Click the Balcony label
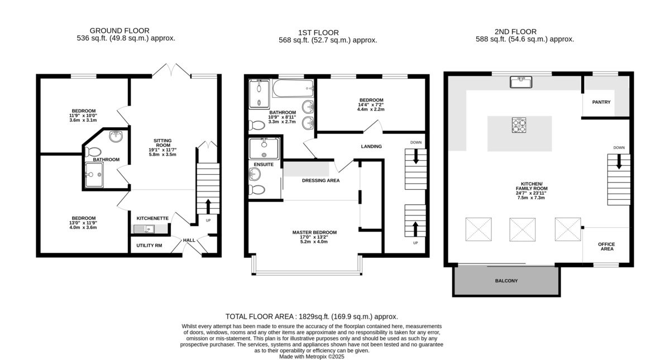tap(506, 281)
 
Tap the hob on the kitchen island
tap(519, 125)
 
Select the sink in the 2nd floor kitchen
tap(521, 82)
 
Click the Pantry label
tap(601, 102)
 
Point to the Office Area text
tap(606, 246)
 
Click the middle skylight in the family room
tap(523, 229)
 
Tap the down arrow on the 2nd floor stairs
tap(619, 161)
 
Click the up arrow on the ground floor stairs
tap(208, 207)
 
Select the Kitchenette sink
tap(144, 229)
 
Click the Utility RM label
tap(149, 246)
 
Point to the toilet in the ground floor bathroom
tap(93, 152)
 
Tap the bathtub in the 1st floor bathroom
tap(293, 88)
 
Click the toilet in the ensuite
tap(257, 190)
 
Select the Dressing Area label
tap(320, 180)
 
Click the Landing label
tap(371, 146)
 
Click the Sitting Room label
tap(162, 143)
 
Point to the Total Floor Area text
tap(312, 316)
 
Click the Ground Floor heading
tap(119, 31)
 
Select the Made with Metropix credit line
tap(312, 357)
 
